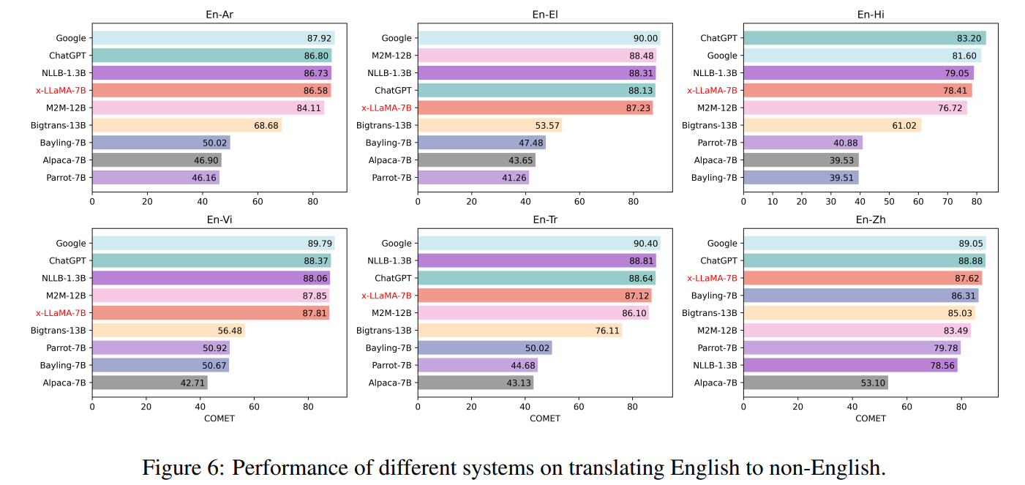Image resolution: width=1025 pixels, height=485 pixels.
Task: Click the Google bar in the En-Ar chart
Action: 212,38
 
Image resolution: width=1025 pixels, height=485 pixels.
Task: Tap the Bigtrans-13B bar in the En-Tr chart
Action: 519,330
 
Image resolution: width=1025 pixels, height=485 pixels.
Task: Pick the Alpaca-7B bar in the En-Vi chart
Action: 149,382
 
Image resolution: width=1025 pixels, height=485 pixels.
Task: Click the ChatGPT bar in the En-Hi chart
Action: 864,38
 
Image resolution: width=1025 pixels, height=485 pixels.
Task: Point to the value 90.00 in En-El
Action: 646,38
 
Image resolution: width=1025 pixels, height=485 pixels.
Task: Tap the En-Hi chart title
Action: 870,15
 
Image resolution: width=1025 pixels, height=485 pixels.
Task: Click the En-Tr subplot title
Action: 544,219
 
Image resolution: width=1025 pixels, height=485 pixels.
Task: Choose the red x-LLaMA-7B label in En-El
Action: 386,108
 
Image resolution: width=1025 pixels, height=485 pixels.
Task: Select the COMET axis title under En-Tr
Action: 544,418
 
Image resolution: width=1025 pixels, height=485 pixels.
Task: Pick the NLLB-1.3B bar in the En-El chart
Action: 536,73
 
